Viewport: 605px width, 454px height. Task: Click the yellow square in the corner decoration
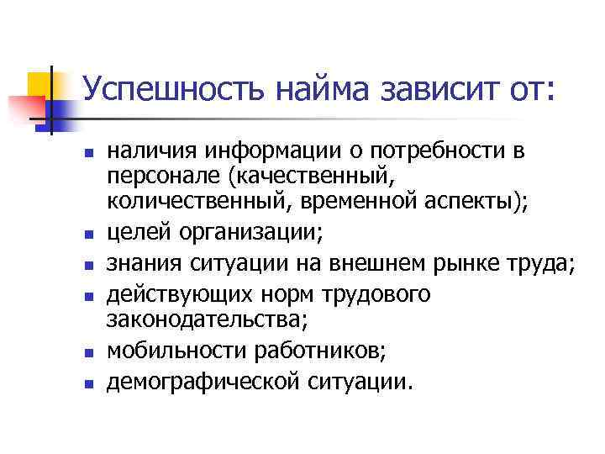(x=39, y=84)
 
